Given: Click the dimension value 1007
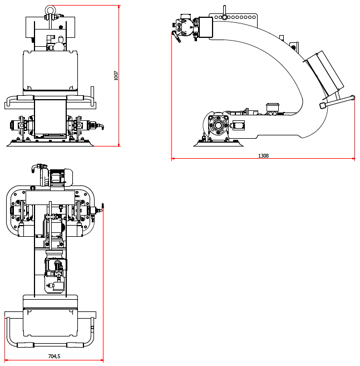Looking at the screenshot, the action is tap(116, 76).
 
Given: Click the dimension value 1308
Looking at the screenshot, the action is tap(263, 155).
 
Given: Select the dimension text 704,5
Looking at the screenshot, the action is tap(54, 356).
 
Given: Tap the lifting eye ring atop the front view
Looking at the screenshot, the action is tap(50, 9).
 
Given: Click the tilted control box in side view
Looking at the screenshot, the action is tap(325, 74).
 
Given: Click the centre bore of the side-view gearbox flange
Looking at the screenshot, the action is tap(218, 125).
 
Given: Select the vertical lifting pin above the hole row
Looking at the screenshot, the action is tap(224, 11).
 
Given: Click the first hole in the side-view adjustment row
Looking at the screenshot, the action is tap(216, 17).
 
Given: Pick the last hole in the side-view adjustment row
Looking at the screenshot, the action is tap(254, 17).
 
